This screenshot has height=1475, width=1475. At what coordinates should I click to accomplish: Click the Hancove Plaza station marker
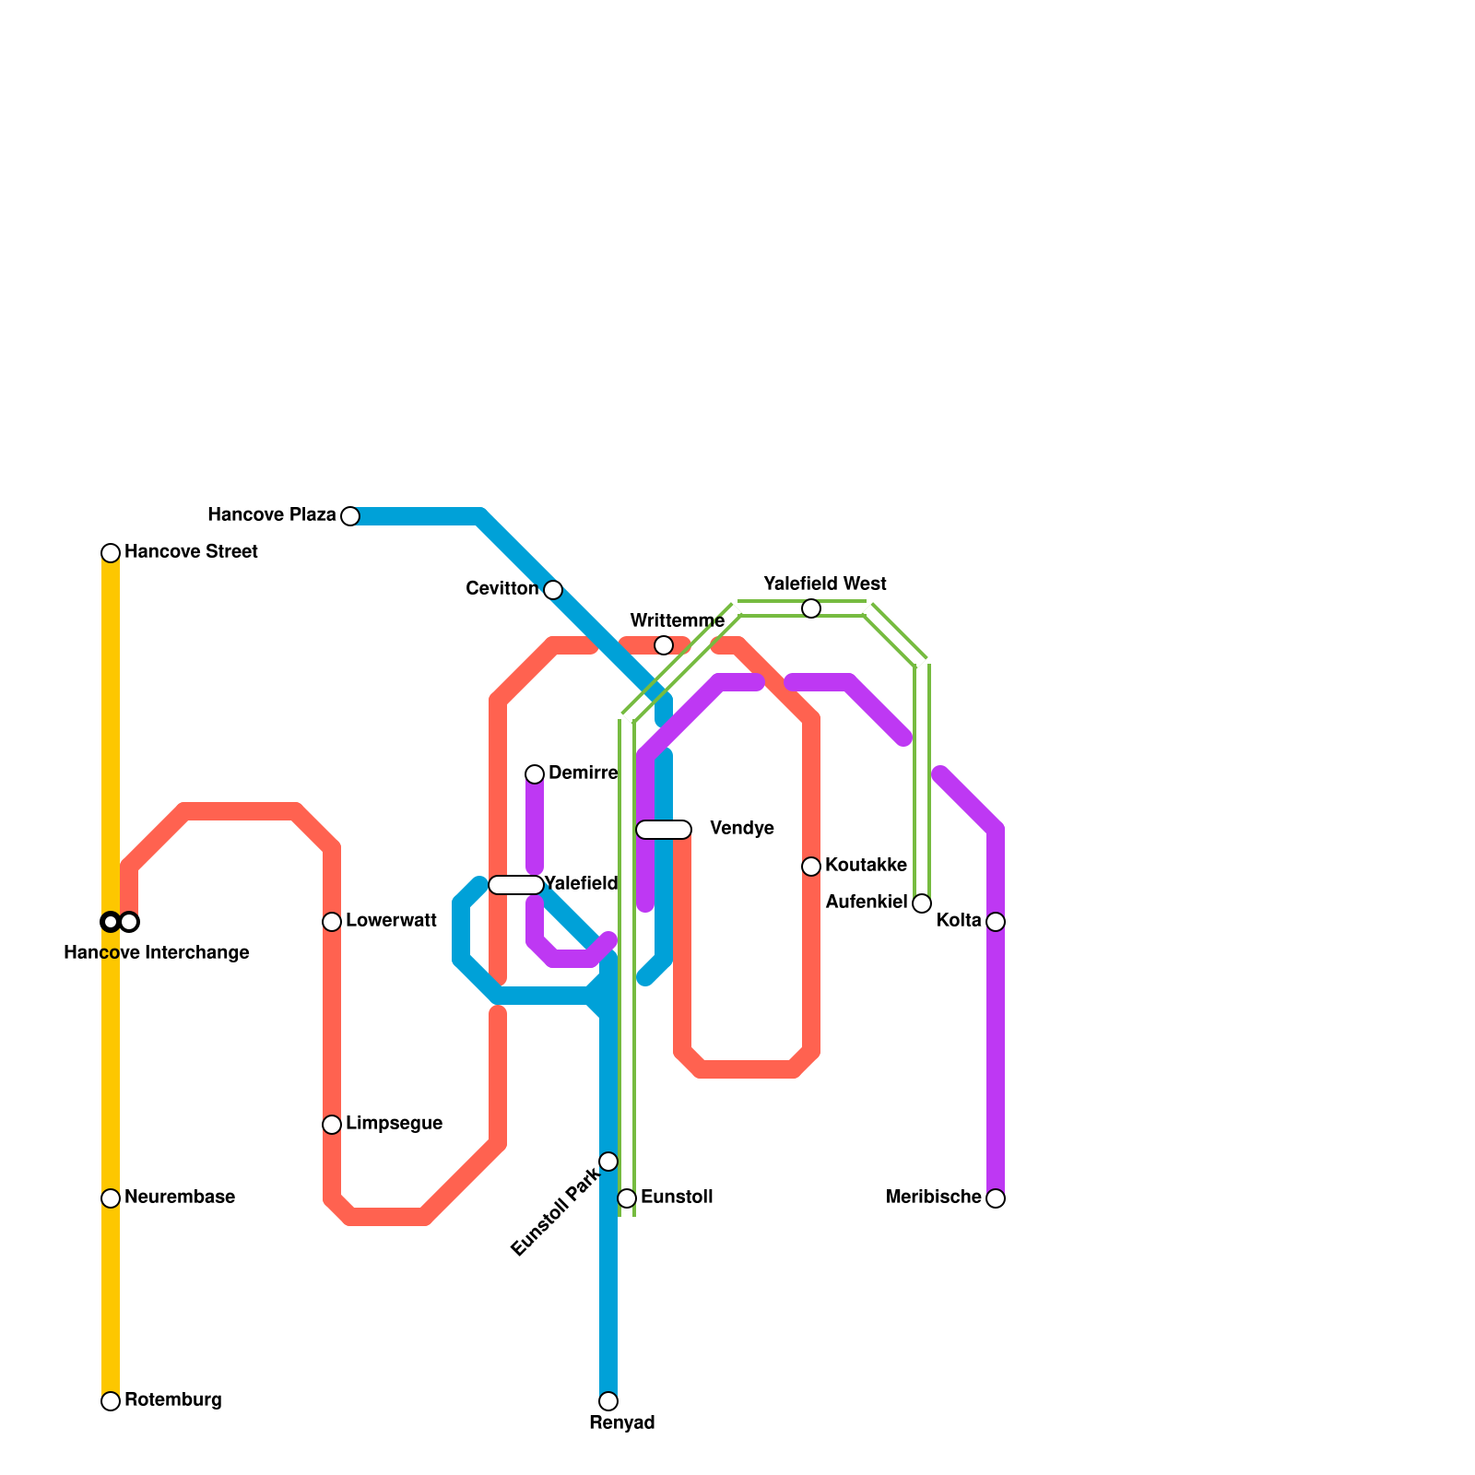350,516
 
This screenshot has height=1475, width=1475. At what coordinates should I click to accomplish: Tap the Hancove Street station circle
111,553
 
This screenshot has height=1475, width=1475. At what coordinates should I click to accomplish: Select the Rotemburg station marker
111,1401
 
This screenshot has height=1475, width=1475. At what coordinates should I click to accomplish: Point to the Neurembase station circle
111,1198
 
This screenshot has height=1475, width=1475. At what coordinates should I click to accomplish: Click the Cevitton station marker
553,590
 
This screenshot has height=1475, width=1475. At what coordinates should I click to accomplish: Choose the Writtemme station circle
664,645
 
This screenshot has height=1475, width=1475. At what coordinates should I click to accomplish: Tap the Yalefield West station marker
811,608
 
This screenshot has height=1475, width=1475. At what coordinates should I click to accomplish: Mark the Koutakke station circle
811,867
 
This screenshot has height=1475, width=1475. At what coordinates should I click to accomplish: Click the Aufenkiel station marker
922,903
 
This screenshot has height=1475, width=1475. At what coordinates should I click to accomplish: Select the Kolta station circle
996,922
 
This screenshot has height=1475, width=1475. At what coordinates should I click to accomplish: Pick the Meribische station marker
996,1198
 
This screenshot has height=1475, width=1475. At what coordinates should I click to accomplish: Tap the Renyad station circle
608,1401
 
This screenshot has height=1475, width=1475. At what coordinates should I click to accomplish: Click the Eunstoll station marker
627,1198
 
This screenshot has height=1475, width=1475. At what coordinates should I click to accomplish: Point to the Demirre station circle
535,774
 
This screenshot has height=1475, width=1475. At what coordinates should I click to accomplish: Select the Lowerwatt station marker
332,922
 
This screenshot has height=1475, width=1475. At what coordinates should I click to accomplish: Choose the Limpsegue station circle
332,1125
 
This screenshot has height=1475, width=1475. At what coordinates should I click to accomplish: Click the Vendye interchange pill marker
664,830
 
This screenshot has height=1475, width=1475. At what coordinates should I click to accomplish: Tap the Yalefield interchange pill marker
516,885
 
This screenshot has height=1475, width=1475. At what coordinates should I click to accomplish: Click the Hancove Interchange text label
157,953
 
